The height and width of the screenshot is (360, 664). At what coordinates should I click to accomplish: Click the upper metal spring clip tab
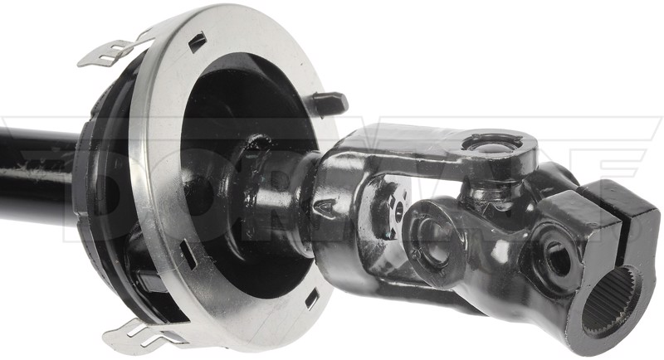click(112, 50)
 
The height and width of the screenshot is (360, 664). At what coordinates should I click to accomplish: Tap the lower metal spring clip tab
click(135, 334)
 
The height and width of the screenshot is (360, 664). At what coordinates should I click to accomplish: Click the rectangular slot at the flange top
click(198, 41)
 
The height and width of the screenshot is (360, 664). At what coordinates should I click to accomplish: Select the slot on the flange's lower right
click(312, 299)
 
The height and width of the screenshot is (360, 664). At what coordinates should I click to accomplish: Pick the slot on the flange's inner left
click(188, 255)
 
